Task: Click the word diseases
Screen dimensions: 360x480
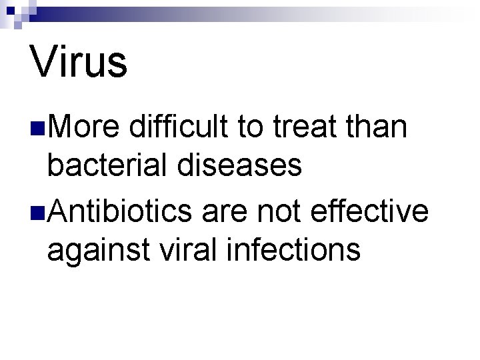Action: tap(239, 167)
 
